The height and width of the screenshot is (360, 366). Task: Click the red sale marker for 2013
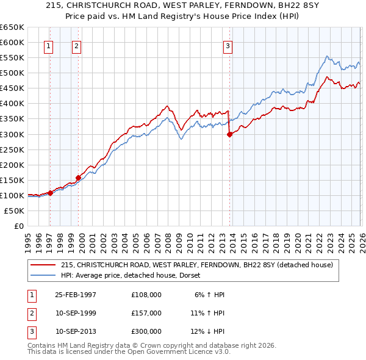coord(229,134)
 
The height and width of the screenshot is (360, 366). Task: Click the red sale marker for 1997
coord(50,193)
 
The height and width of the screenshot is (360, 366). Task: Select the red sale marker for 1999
coord(78,178)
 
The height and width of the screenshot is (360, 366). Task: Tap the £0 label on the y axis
coord(20,226)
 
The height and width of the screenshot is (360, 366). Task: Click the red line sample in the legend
coord(43,265)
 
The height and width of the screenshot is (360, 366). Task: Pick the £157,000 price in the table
coord(146,313)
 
